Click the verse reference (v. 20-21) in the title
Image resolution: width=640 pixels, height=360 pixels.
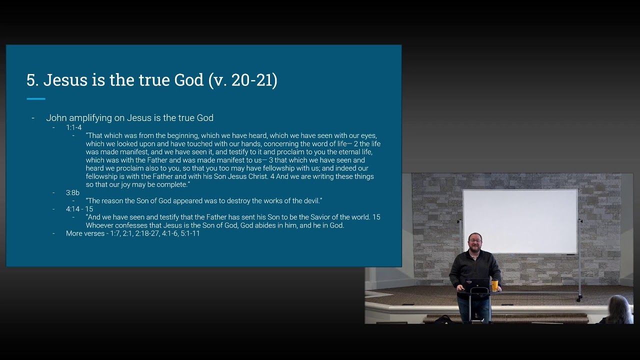point(243,80)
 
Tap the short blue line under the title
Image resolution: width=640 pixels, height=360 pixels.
point(36,99)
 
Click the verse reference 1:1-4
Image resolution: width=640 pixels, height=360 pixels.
point(73,127)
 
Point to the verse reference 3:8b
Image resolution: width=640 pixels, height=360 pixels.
point(72,192)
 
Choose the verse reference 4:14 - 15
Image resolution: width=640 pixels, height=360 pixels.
point(79,209)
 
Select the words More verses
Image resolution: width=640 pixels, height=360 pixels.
point(85,233)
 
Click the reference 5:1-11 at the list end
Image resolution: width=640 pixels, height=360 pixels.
point(190,233)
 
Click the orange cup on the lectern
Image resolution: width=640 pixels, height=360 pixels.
point(494,285)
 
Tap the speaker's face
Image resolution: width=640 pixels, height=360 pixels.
point(475,241)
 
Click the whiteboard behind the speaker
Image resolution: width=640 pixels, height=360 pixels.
point(520,221)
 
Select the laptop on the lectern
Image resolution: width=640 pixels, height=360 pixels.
point(476,285)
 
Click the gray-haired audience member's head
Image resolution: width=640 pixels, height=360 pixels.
point(618,307)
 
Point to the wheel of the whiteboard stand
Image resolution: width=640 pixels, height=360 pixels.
point(579,299)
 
